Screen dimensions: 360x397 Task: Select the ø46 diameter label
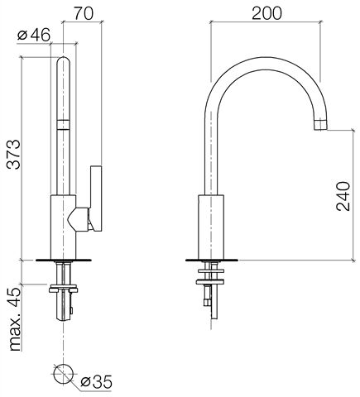pos(34,35)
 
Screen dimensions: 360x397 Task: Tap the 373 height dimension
pos(13,155)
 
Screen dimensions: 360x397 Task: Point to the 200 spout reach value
pos(266,13)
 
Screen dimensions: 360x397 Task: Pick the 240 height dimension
pos(343,196)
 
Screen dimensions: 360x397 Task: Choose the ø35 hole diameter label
pos(96,381)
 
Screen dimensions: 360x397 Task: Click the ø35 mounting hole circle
pos(64,374)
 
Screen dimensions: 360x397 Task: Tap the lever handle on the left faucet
pos(96,198)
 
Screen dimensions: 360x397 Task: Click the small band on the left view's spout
pos(64,124)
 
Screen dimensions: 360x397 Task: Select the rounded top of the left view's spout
pos(64,61)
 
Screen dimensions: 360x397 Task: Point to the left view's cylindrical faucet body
pos(63,227)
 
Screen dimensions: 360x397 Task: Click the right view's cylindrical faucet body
pos(211,227)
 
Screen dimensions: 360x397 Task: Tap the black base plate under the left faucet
pos(64,260)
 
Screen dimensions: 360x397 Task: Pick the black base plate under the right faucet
pos(211,260)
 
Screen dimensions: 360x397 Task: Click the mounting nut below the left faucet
pos(64,289)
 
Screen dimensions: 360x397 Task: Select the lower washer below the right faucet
pos(210,282)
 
